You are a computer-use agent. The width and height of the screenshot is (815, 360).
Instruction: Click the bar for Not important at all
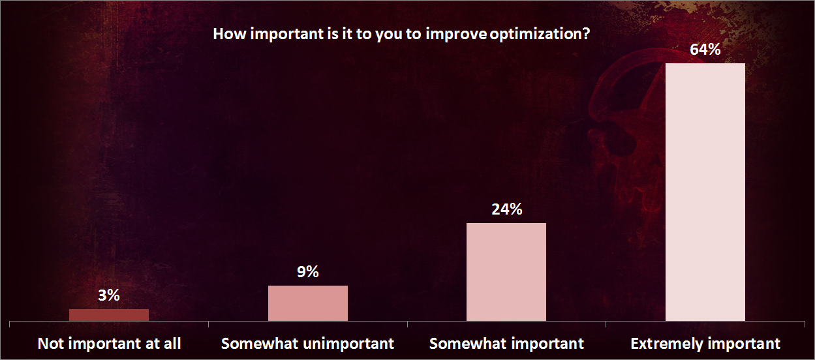(x=109, y=315)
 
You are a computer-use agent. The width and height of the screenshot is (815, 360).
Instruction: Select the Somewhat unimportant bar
(x=308, y=303)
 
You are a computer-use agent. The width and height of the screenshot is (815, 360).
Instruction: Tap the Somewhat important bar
(x=506, y=272)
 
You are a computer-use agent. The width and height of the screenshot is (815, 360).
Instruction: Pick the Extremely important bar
(x=705, y=192)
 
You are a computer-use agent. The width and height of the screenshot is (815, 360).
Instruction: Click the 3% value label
(x=109, y=295)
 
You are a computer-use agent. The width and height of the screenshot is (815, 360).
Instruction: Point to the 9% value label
(x=308, y=272)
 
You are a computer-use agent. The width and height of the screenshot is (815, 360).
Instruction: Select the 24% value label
(x=506, y=209)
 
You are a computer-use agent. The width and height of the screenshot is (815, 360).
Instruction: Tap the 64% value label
(x=705, y=50)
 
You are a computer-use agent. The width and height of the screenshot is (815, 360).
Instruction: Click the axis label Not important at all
(x=109, y=344)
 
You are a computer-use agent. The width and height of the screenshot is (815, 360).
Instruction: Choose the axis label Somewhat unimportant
(x=308, y=344)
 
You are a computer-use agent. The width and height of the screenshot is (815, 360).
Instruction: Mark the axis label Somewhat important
(x=506, y=344)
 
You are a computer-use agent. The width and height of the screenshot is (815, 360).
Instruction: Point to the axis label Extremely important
(x=705, y=344)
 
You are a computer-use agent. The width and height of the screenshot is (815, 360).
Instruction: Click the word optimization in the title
(x=534, y=34)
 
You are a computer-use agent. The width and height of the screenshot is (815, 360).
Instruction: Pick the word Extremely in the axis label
(x=664, y=344)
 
